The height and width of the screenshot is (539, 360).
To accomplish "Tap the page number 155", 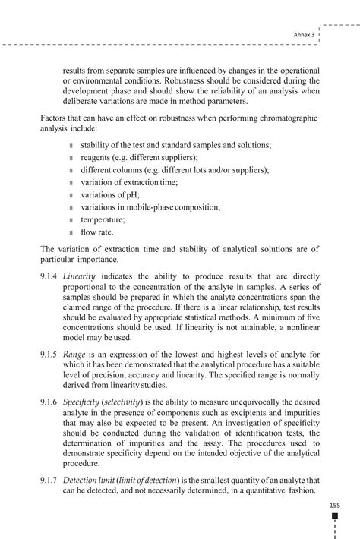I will [334, 504].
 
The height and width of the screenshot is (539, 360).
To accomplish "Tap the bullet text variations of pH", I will [110, 194].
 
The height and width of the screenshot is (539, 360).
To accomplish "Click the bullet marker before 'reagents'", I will [71, 158].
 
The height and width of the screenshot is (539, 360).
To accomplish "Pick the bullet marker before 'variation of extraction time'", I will [71, 183].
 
